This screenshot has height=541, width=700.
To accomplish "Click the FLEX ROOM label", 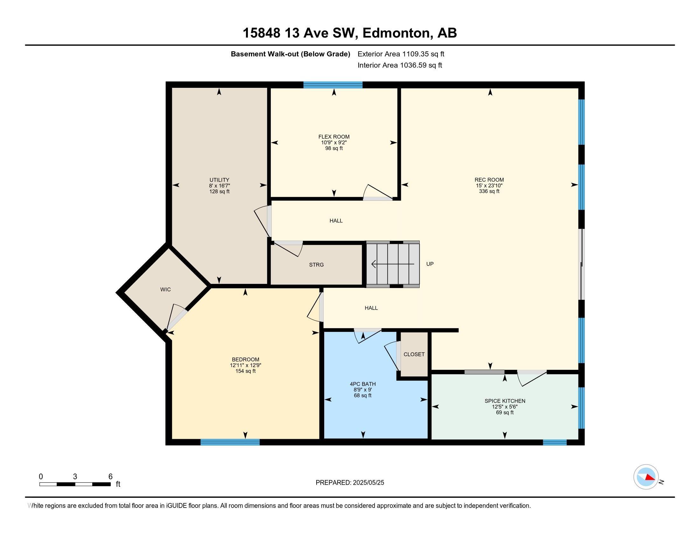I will (x=334, y=137).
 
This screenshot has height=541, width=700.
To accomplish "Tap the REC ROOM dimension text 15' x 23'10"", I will (x=489, y=186).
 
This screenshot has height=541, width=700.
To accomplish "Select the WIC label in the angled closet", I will (x=165, y=289).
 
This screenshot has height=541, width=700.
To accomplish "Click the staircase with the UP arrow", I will (x=393, y=264).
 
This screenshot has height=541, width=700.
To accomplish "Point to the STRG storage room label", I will (x=316, y=265).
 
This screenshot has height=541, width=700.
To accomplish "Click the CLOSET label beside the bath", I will (x=414, y=354).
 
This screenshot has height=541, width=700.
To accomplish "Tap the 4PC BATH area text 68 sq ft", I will (x=362, y=396).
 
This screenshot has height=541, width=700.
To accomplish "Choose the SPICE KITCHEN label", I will (x=505, y=401).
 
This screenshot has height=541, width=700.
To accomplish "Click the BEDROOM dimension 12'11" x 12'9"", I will (x=246, y=365).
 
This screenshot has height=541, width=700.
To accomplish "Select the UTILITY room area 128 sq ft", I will (x=219, y=192).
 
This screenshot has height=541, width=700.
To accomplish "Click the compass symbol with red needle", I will (x=646, y=477).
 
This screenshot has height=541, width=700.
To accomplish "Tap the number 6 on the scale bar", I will (x=110, y=477).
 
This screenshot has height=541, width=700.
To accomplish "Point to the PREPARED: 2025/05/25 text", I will (x=350, y=483).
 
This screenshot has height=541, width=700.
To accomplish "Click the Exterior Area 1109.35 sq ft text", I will (x=401, y=54).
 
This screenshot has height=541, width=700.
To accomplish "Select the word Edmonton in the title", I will (x=396, y=33).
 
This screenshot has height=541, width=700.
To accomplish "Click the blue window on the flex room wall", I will (x=333, y=85).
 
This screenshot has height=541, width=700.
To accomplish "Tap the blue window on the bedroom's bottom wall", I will (x=230, y=442).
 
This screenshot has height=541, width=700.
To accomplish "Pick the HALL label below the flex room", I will (x=336, y=221).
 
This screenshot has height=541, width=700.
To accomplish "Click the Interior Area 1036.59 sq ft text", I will (x=400, y=65).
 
